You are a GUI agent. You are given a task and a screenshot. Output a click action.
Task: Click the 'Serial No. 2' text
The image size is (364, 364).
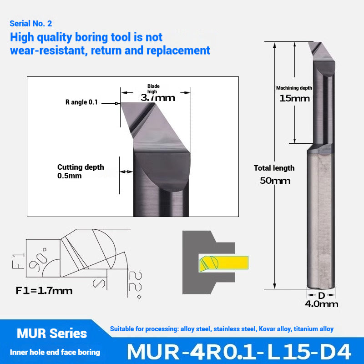click(34, 23)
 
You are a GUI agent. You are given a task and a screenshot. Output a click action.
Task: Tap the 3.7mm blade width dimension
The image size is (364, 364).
click(158, 97)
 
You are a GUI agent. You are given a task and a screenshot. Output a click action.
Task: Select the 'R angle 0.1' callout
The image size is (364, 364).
click(81, 102)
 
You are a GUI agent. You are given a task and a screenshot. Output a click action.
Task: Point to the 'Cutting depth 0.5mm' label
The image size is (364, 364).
click(81, 171)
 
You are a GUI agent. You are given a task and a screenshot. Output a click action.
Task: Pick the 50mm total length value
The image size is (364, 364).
click(275, 180)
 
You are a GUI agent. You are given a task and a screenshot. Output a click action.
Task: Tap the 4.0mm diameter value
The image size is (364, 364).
click(322, 304)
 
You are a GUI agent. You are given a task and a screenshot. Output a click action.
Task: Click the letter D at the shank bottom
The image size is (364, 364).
click(321, 295)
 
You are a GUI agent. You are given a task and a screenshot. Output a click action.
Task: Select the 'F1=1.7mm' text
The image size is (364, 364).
click(44, 290)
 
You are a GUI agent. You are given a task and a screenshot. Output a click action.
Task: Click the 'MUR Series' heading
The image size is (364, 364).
click(52, 334)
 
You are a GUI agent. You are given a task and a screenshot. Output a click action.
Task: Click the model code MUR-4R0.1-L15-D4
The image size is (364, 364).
click(239, 352)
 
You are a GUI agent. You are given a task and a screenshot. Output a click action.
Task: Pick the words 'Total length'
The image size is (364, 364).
click(274, 168)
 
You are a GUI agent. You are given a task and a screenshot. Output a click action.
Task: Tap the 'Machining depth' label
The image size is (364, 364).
click(294, 88)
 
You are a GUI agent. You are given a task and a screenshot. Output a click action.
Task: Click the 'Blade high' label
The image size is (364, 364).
click(153, 89)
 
